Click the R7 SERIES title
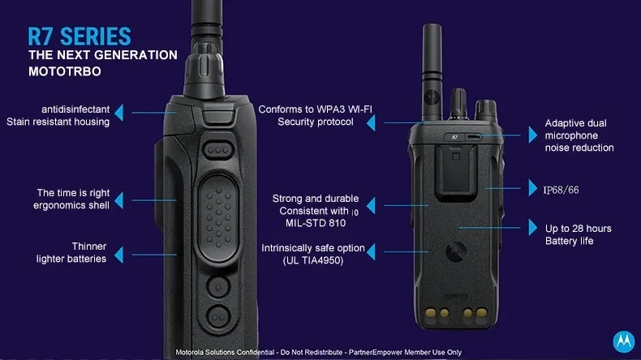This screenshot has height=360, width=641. coord(80,36)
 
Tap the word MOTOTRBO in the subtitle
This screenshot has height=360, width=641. coord(65,71)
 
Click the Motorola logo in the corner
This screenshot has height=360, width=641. coord(624,341)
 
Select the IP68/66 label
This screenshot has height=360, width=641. coord(561,190)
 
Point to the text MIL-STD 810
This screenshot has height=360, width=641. coord(316,223)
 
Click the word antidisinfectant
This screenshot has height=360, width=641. coord(75,109)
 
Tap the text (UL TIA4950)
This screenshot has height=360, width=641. coord(313,260)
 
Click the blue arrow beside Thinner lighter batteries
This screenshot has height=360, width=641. coord(119,255)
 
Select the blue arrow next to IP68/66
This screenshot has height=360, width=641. coord(532,187)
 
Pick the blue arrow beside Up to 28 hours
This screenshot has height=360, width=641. coord(532,227)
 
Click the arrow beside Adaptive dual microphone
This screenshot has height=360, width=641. coord(532,135)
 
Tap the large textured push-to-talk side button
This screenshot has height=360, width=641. coord(218,218)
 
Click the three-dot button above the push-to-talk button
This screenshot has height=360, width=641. coord(218,150)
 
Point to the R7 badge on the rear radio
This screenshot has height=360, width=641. coord(454,137)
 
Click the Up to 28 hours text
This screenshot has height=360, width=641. coord(578,229)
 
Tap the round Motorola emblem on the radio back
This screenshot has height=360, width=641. coord(455,251)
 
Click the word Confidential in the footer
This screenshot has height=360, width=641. coord(256,352)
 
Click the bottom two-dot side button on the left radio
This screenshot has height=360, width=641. coord(218,317)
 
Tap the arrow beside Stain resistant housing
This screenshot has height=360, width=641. coord(119,113)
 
